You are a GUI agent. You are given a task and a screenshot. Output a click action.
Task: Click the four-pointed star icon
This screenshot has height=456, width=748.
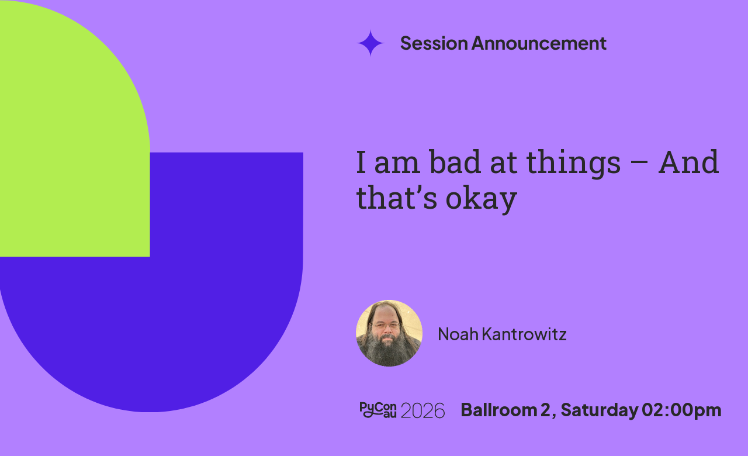point(370,43)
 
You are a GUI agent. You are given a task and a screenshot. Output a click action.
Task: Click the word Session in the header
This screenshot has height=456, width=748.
point(434,43)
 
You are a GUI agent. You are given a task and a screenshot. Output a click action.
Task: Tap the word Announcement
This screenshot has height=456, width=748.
point(539,43)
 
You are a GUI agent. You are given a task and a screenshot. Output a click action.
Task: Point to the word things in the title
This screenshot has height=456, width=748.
point(573,164)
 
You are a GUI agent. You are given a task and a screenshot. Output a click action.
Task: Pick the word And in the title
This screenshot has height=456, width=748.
point(688,162)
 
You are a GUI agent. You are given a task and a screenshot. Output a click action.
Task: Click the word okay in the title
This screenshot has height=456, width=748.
point(481,200)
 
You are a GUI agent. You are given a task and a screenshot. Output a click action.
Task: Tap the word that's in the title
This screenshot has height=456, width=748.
point(396,198)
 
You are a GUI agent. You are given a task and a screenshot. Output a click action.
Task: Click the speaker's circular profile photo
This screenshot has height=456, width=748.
point(389,333)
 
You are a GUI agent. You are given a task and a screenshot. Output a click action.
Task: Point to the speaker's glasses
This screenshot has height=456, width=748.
point(386,326)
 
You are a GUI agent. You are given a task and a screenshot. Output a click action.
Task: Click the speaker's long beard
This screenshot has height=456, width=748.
point(388,349)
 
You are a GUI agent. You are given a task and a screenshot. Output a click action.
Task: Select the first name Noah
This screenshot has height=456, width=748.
point(458,334)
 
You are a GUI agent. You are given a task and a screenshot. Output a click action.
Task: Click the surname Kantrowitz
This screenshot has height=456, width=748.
point(524,334)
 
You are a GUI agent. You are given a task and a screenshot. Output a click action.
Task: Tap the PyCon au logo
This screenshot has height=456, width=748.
point(378,410)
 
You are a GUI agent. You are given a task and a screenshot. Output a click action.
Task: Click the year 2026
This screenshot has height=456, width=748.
point(423,410)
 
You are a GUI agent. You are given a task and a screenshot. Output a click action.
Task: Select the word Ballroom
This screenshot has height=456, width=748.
point(498,410)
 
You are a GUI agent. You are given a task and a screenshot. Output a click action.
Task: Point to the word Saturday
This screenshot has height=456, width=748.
point(600,410)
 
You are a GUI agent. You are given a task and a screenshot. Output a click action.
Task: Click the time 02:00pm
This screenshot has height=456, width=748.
point(681,410)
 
